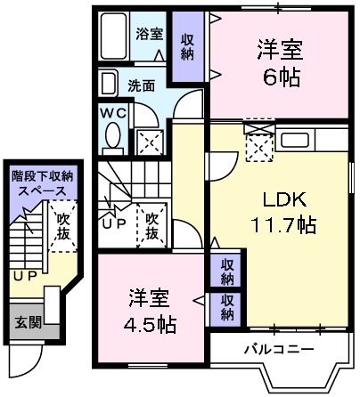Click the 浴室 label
[149, 35]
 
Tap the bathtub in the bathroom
[114, 37]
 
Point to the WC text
[113, 113]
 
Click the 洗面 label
[139, 86]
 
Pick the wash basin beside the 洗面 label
[108, 85]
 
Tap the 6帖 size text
[279, 76]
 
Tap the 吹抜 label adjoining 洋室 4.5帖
[151, 224]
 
